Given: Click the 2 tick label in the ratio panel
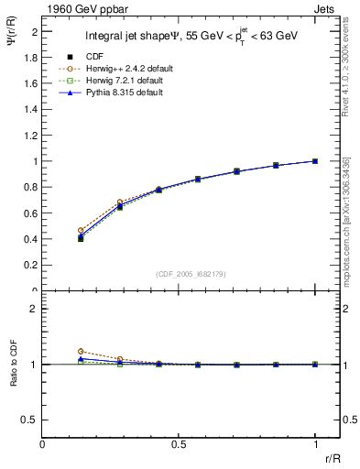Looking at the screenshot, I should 34,309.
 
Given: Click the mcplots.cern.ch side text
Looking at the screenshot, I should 351,220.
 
